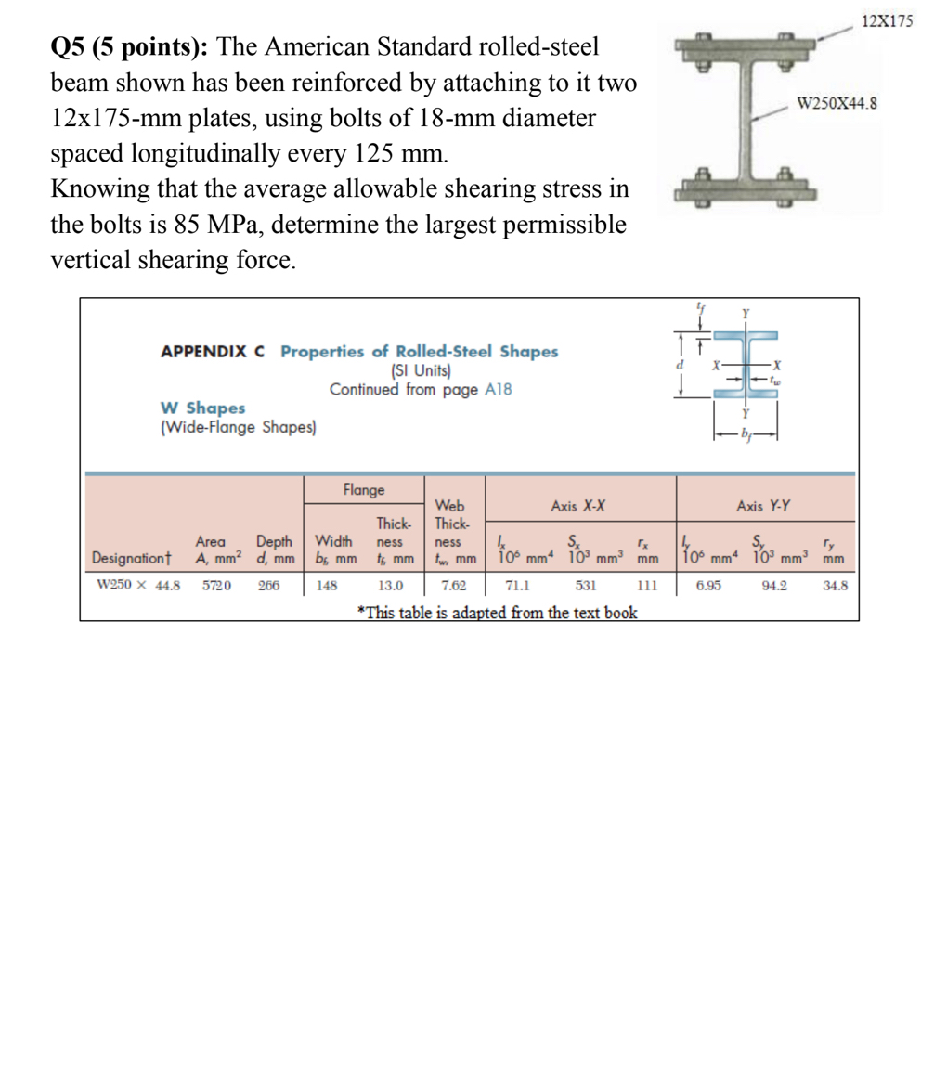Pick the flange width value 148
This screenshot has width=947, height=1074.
coord(328,587)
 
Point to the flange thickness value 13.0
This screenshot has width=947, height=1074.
coord(391,587)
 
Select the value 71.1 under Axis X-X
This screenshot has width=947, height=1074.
coord(517,587)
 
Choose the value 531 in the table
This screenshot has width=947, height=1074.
coord(585,587)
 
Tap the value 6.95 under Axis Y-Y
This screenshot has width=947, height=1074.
coord(710,587)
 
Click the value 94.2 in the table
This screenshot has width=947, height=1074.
coord(775,587)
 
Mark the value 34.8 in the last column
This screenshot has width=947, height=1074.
coord(834,587)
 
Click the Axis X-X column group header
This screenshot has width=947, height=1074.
coord(577,507)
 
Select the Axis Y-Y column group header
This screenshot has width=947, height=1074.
coord(763,507)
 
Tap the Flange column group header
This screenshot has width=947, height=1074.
coord(364,489)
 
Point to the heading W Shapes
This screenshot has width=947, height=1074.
coord(203,408)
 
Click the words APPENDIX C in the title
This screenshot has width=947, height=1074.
coord(214,352)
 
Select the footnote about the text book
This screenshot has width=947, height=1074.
coord(498,612)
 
